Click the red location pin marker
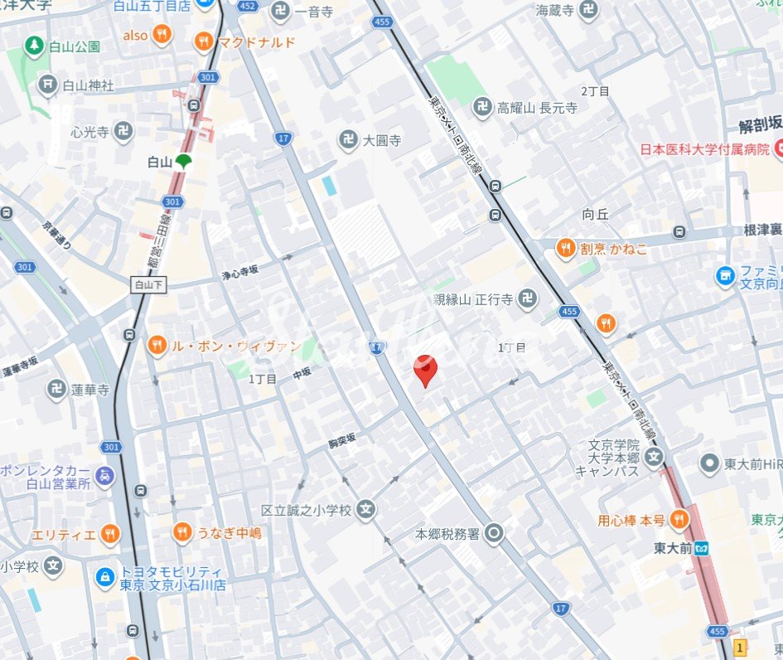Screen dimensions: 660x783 point(425,368)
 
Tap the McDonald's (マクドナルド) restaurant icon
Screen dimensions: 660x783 point(203,41)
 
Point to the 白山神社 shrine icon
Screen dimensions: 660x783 point(49,85)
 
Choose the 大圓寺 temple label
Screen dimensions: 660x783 point(381,140)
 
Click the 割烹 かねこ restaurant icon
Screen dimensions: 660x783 point(566,248)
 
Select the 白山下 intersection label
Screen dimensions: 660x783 point(150,284)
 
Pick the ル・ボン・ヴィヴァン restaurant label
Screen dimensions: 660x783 point(235,346)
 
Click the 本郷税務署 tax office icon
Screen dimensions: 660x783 point(495,532)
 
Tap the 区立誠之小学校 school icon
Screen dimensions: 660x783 point(366,510)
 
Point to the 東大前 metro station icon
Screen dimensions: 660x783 point(703,548)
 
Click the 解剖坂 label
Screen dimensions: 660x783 point(761,126)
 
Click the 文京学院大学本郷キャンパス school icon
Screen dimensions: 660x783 point(655,457)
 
